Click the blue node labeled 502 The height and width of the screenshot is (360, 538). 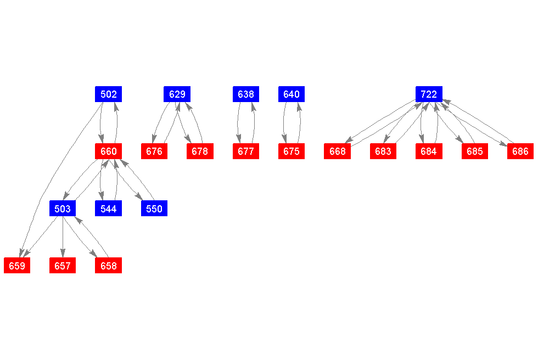tap(108, 94)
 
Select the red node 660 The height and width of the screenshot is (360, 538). tap(108, 151)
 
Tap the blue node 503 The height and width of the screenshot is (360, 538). tap(63, 209)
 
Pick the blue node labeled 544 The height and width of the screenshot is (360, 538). tap(108, 209)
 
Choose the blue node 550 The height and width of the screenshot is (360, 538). tap(154, 209)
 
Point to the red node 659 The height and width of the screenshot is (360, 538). tap(17, 266)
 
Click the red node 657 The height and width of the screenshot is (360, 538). tap(63, 266)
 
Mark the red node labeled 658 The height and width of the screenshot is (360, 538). tap(108, 266)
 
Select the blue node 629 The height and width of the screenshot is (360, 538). tap(177, 94)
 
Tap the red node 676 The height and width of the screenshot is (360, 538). tap(154, 151)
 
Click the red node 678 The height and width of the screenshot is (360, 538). tap(200, 151)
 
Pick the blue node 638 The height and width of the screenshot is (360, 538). tap(246, 94)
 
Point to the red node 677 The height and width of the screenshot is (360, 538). tap(246, 151)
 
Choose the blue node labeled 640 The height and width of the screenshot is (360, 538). tap(292, 94)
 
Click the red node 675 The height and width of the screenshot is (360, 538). tap(292, 151)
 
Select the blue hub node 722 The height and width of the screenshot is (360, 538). tap(429, 94)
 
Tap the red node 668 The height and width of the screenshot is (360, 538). tap(337, 151)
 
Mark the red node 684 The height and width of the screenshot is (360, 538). tap(429, 151)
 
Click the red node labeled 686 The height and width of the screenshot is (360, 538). tap(520, 151)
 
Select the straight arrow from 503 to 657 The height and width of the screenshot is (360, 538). tap(63, 237)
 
